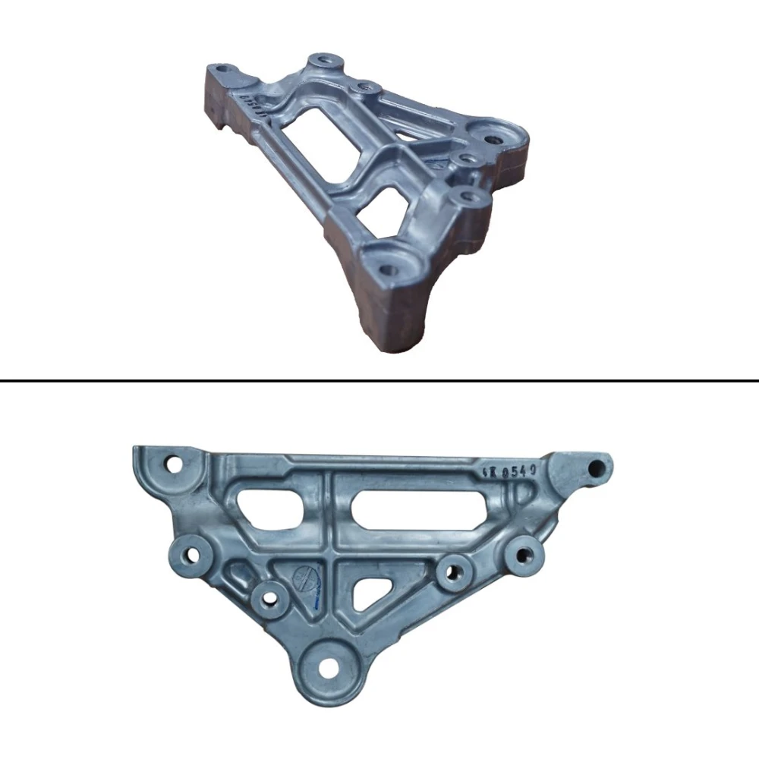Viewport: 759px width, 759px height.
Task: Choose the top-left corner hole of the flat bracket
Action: tap(174, 462)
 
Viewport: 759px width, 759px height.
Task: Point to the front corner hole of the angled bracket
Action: tap(388, 267)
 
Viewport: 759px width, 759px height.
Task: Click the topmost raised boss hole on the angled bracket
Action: tap(325, 59)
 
